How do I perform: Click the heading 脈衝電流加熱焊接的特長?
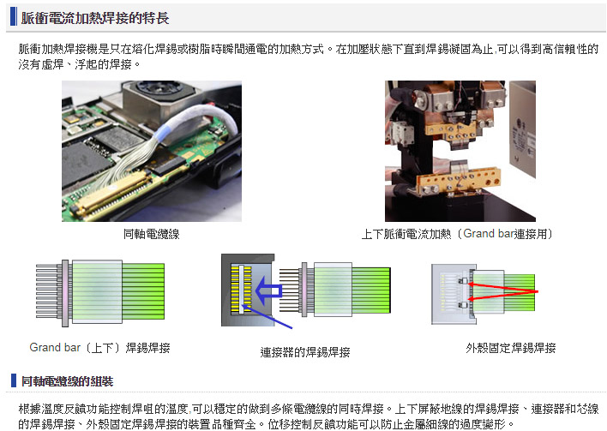[95, 18]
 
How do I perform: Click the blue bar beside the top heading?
[14, 16]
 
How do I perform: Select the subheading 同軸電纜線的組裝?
[68, 381]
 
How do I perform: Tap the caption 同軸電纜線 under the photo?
[152, 234]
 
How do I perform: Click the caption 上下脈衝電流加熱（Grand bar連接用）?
[457, 234]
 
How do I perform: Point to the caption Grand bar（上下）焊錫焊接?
[99, 348]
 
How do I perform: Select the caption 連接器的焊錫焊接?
[305, 352]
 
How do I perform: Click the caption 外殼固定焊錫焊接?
[511, 348]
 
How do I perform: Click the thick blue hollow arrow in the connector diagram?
[268, 290]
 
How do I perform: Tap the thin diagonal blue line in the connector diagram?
[267, 317]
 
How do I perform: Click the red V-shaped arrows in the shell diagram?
[503, 291]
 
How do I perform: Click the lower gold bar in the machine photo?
[458, 180]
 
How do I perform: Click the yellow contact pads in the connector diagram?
[241, 288]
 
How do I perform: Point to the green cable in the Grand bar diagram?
[143, 291]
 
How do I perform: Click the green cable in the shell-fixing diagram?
[520, 292]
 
